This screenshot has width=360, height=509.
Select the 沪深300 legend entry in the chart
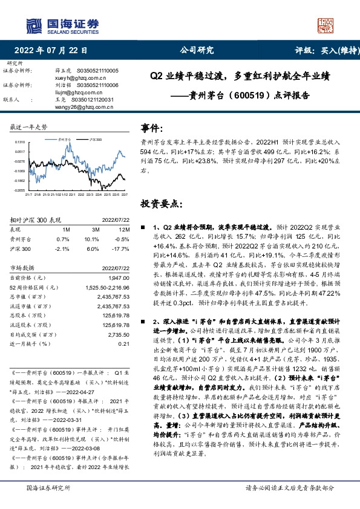92,138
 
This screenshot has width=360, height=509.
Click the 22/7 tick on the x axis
124,194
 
